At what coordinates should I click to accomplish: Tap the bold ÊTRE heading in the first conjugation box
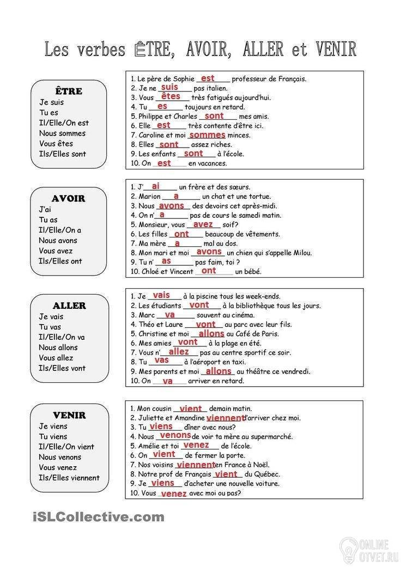[69, 91]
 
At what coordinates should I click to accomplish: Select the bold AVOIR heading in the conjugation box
[69, 198]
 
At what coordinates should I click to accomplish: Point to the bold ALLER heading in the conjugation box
[69, 306]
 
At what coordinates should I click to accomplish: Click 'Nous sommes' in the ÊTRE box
[62, 133]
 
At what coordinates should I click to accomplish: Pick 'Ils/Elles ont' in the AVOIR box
[60, 261]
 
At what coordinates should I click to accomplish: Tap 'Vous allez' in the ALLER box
[56, 358]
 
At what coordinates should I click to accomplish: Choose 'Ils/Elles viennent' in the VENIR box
[69, 478]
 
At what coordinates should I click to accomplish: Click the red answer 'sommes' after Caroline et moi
[207, 135]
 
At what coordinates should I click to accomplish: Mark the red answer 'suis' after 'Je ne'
[170, 87]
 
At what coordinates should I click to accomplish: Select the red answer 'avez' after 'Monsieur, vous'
[203, 224]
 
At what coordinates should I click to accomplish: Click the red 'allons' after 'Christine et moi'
[211, 333]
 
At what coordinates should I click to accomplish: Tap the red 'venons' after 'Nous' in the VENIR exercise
[175, 435]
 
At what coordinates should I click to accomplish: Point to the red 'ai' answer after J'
[156, 186]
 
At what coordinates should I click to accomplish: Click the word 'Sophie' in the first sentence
[184, 78]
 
